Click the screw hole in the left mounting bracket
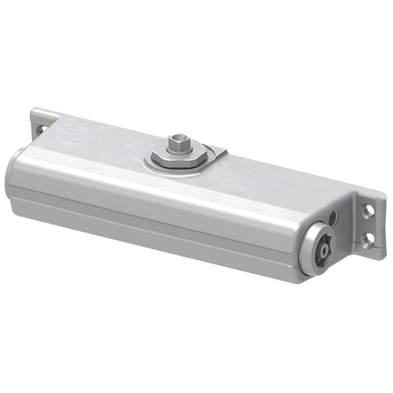(40, 128)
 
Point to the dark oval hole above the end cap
(333, 216)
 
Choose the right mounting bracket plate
(369, 224)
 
